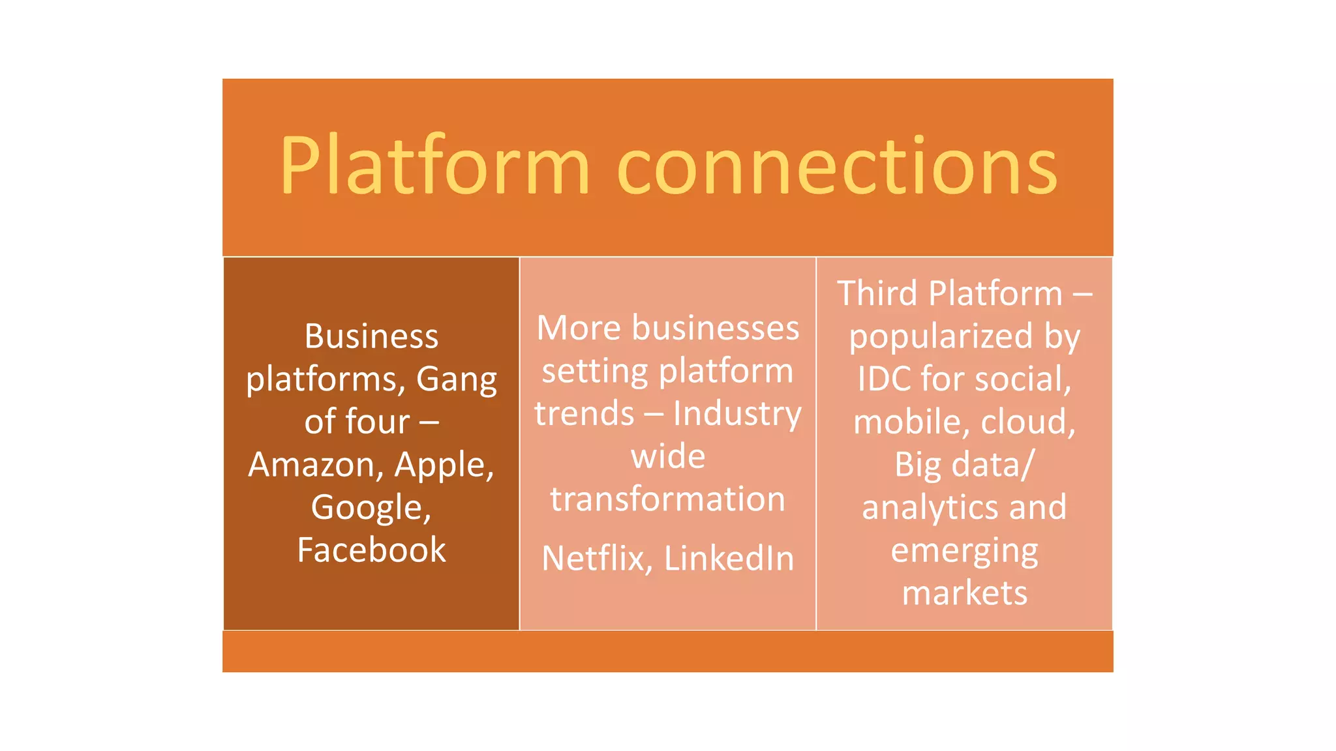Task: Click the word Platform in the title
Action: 435,166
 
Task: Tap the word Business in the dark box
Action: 371,337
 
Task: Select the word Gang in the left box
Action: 456,379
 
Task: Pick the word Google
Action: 371,508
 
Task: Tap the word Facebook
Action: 371,550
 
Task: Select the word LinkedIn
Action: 729,559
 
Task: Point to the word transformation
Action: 667,500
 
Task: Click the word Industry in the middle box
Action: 736,415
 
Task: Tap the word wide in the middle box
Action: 667,456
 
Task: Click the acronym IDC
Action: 883,379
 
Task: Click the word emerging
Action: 964,552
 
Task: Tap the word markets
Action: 964,593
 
